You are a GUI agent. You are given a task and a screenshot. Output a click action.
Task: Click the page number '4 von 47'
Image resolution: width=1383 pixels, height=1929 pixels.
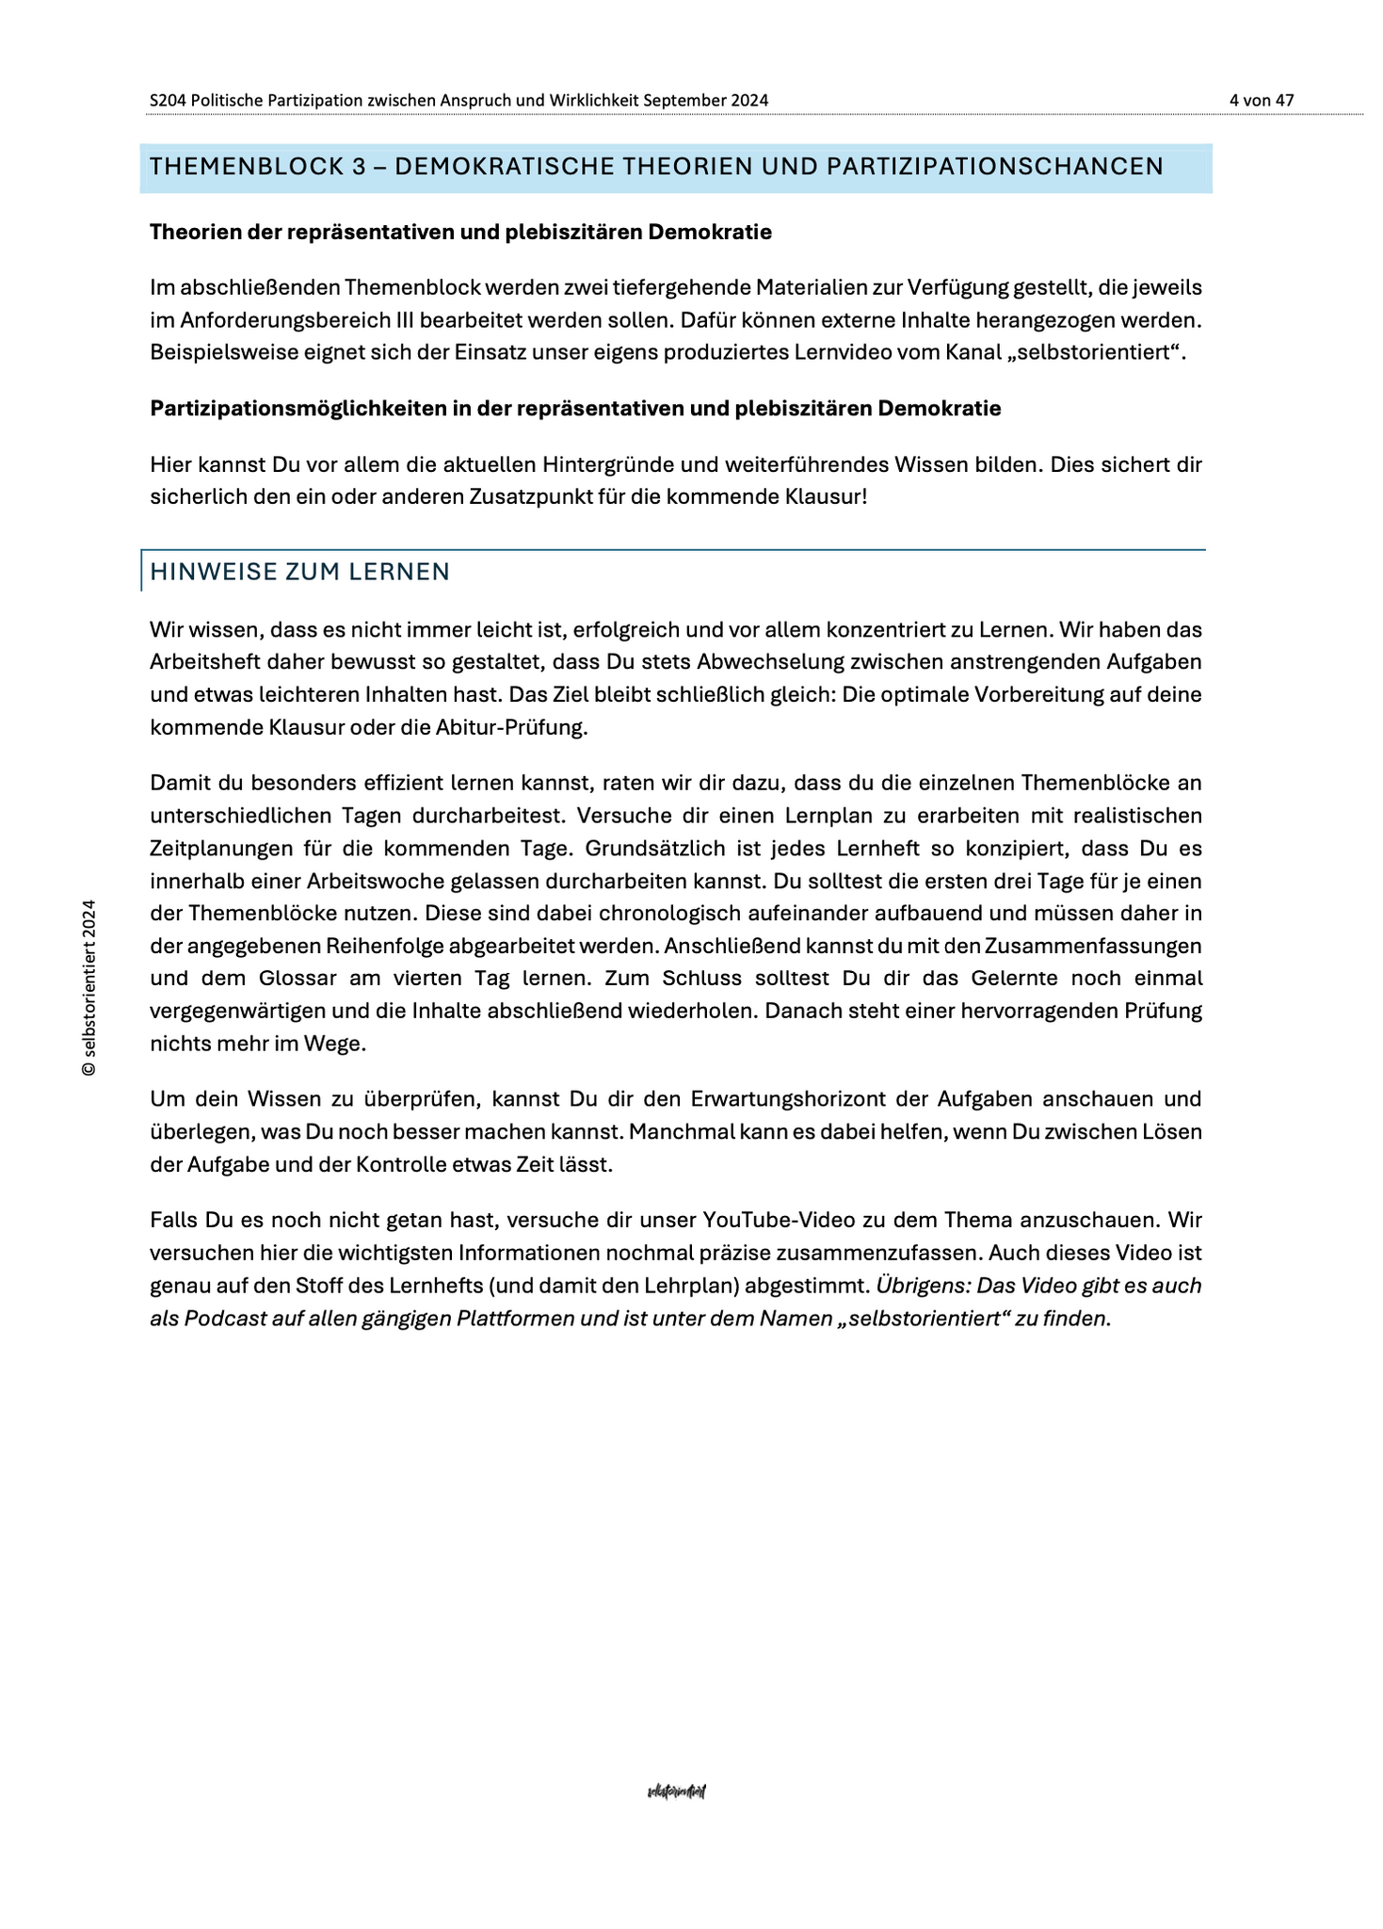pyautogui.click(x=1261, y=100)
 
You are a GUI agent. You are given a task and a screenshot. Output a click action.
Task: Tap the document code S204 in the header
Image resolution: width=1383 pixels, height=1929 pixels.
pyautogui.click(x=168, y=100)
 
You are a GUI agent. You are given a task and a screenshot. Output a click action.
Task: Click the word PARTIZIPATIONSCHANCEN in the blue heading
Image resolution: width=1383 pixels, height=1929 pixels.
pyautogui.click(x=995, y=168)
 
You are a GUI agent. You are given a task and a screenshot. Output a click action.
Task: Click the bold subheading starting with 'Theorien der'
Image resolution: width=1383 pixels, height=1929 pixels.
pyautogui.click(x=460, y=233)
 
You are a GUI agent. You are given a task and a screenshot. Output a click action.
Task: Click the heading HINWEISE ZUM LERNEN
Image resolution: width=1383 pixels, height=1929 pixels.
pyautogui.click(x=299, y=573)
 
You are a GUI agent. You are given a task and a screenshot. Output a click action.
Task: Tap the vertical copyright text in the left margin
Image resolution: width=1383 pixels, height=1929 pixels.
pyautogui.click(x=88, y=987)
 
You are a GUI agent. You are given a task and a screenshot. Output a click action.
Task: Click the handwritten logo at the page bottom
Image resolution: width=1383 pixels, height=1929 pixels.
pyautogui.click(x=677, y=1791)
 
